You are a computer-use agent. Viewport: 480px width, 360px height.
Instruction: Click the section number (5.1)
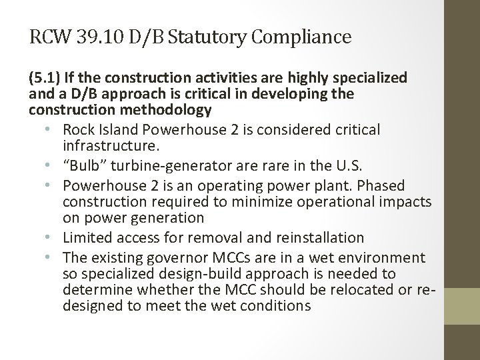[45, 78]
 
